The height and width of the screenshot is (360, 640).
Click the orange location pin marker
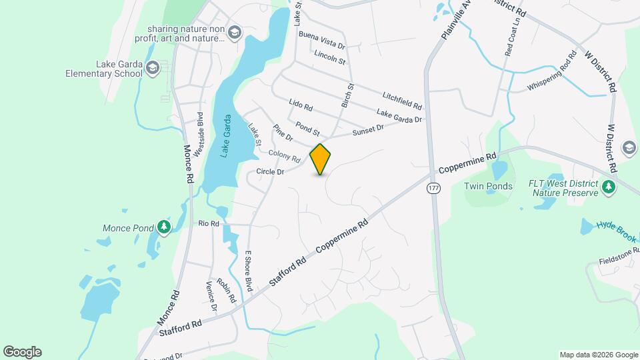[x=320, y=159]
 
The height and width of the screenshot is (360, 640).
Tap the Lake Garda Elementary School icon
[x=153, y=68]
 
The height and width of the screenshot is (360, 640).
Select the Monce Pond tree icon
[x=163, y=228]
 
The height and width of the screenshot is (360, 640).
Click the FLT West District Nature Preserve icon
[x=608, y=187]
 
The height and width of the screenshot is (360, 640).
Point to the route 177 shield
[x=434, y=189]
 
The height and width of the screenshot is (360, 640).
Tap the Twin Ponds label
[x=488, y=187]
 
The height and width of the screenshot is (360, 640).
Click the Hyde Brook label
[x=617, y=229]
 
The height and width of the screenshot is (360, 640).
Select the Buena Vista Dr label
[x=322, y=39]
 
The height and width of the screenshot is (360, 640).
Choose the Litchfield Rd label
[x=402, y=101]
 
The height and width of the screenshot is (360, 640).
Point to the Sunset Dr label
[x=369, y=130]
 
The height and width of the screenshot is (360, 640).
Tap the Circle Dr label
[x=271, y=172]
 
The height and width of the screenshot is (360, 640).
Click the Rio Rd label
[x=209, y=224]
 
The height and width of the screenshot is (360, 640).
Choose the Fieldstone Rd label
[x=618, y=260]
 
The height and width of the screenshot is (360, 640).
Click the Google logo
[x=22, y=351]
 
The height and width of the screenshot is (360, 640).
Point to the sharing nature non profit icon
[x=234, y=33]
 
